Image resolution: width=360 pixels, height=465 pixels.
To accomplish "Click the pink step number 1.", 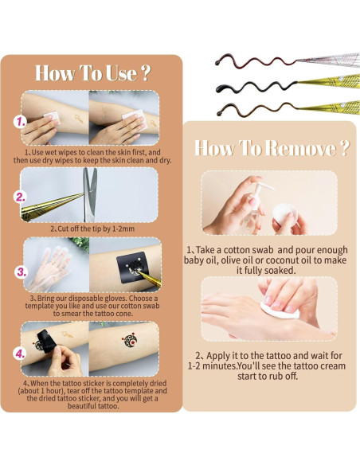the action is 20,122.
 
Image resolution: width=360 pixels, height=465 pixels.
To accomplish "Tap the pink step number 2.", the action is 21,197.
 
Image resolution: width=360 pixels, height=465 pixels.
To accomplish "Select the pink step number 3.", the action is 22,272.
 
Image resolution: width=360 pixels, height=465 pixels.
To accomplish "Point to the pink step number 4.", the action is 20,354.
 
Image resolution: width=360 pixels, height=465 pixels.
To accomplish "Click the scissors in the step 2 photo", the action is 90,194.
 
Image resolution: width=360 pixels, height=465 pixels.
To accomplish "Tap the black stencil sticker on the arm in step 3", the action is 131,268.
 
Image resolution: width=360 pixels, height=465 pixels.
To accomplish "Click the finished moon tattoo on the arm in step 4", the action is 130,342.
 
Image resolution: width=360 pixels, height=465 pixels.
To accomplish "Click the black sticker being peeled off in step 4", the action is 46,341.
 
